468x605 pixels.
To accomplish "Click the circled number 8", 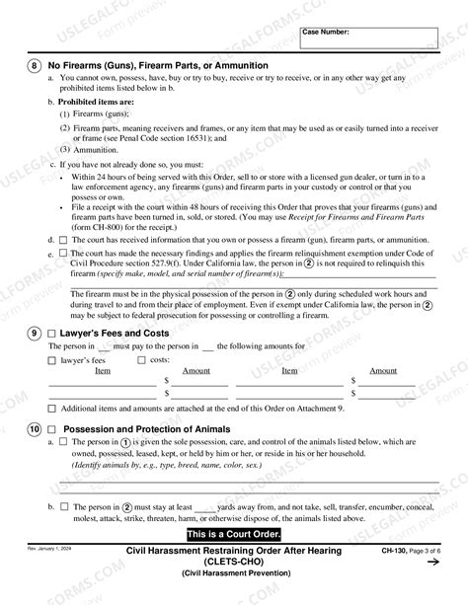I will (34, 65).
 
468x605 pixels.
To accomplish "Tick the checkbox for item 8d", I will (64, 240).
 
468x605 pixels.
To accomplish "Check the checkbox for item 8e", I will (64, 253).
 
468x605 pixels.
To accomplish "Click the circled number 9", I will (34, 334).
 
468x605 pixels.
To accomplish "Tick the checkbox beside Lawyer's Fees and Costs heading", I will (53, 334).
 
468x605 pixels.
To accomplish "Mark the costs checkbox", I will (142, 361).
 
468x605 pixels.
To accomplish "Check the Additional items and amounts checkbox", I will (52, 408).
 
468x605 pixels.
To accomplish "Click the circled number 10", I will (34, 429).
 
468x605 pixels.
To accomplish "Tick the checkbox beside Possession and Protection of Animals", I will (53, 429).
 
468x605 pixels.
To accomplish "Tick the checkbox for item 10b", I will (64, 506).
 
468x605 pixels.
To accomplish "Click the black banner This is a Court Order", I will (234, 534).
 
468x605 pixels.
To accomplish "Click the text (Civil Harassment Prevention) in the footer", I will (232, 573).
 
